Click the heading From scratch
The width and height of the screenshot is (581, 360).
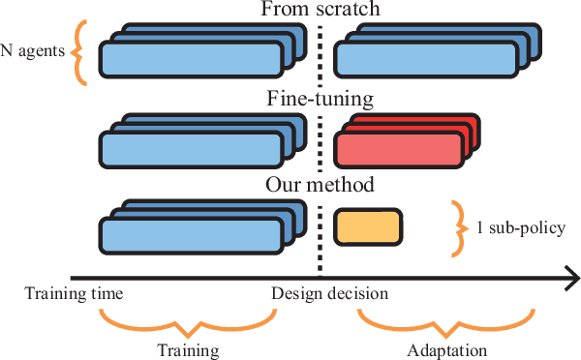[x=321, y=11]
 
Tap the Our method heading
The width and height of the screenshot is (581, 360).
[x=321, y=184]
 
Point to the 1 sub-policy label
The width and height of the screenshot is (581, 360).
[x=519, y=228]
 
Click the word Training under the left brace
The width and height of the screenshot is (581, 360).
[x=189, y=348]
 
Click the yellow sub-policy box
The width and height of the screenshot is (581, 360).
[x=368, y=226]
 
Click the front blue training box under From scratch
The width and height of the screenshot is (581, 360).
[x=191, y=61]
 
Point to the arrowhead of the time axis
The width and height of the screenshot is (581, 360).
[x=570, y=280]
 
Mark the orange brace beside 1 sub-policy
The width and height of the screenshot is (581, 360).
[x=456, y=228]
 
